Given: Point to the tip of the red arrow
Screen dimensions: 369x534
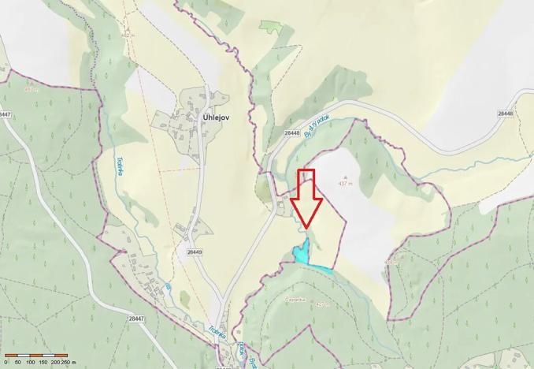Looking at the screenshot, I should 306,229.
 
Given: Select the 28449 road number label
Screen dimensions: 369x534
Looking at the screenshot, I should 195,252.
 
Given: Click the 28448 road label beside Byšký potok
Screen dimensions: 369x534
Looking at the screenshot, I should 292,133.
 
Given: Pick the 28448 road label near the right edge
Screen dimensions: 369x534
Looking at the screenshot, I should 505,114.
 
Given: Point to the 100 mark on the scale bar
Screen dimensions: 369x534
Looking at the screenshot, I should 29,362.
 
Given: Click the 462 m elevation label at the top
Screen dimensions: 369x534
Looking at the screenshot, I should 126,35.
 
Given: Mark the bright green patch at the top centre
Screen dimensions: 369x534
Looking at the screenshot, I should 270,26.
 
